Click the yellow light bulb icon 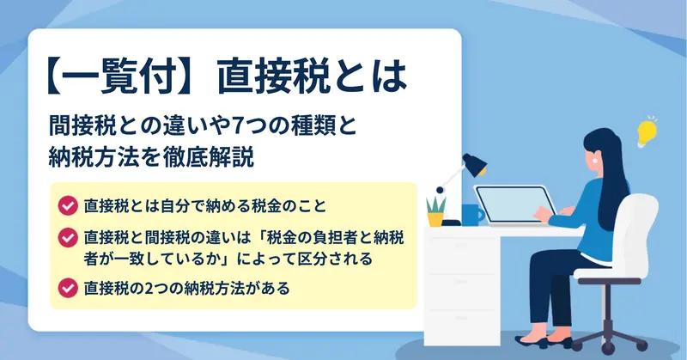click(647, 133)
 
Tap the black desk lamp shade click(475, 164)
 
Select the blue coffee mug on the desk click(472, 215)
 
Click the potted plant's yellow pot click(435, 219)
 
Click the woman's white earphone click(595, 160)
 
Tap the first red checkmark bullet click(68, 205)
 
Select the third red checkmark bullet click(68, 288)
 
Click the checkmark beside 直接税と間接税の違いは click(68, 237)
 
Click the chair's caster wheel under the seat click(608, 348)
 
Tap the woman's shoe click(532, 341)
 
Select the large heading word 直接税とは click(313, 77)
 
